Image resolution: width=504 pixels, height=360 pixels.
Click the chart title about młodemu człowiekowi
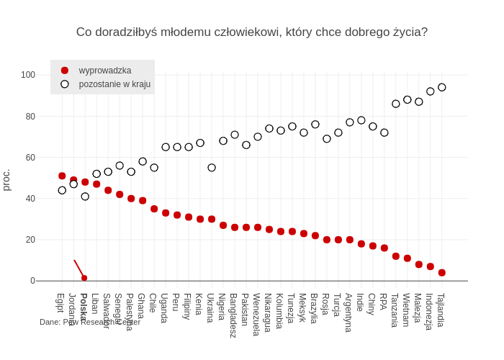pos(252,32)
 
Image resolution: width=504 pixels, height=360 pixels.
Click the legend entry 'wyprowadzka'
pos(104,71)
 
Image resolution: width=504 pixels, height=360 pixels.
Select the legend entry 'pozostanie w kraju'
pos(114,84)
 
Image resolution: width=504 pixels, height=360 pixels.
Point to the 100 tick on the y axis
pos(28,75)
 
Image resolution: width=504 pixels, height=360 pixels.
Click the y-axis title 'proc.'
pos(6,180)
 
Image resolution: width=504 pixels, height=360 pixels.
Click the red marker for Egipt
pos(62,176)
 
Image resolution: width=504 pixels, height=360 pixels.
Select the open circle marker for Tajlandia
pos(442,87)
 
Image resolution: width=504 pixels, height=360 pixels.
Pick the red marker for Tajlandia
pos(442,273)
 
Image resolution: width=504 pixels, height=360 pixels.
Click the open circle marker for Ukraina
pos(212,168)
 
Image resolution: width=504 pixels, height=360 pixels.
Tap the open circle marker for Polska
pos(85,197)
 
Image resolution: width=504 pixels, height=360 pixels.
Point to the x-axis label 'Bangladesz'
pos(233,315)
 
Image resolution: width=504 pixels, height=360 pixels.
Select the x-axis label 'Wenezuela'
pos(256,314)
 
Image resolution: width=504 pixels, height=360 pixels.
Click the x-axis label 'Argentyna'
pos(348,312)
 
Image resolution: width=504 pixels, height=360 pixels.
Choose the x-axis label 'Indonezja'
pos(429,311)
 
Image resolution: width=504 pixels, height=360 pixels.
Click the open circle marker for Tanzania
pos(396,104)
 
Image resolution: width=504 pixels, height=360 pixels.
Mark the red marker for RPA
pos(384,248)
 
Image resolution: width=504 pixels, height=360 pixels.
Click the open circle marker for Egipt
pos(62,190)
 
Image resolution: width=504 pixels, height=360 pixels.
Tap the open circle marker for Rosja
pos(327,139)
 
